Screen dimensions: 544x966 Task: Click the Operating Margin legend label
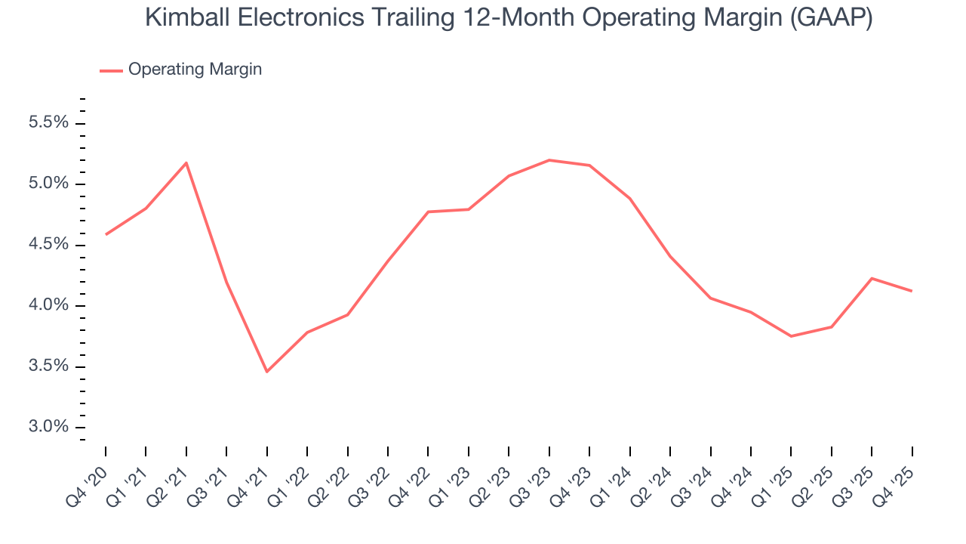tap(195, 70)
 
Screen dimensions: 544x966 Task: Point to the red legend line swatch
tap(111, 70)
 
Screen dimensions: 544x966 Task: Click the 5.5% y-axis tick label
tap(49, 123)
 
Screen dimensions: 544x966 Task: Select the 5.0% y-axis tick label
tap(49, 184)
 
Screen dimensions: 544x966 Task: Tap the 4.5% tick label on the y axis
tap(49, 245)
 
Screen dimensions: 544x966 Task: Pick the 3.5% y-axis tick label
tap(49, 366)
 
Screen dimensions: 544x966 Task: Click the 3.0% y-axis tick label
tap(49, 428)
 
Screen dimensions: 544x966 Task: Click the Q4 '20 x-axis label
tap(89, 477)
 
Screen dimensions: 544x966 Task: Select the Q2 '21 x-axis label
tap(170, 477)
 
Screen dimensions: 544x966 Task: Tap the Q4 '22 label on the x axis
tap(412, 477)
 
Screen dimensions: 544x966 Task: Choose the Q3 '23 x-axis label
tap(533, 477)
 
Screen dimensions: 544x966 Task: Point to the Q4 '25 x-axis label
tap(896, 477)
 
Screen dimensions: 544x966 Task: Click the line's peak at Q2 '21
tap(186, 162)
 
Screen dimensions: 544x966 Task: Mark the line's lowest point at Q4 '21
tap(267, 372)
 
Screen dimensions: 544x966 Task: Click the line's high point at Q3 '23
tap(549, 160)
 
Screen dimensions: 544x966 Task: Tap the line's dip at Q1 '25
tap(791, 336)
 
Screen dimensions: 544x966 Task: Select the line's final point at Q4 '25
tap(912, 291)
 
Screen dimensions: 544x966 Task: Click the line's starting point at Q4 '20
tap(106, 234)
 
